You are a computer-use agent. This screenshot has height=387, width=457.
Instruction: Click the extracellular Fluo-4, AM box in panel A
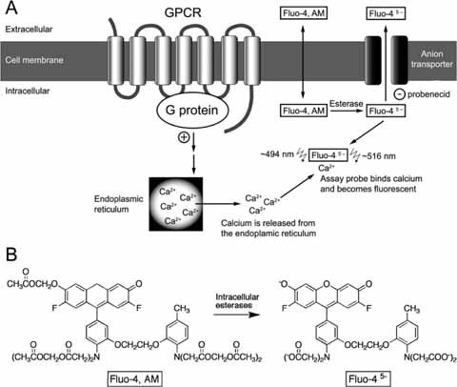pyautogui.click(x=302, y=14)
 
